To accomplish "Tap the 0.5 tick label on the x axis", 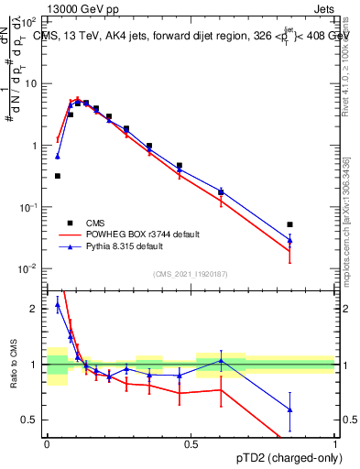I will (x=191, y=443).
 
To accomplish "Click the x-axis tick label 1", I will (x=334, y=443).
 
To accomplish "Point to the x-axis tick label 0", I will (x=47, y=443).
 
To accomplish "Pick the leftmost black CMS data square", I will (x=58, y=176).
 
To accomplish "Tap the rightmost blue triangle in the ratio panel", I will (x=289, y=409).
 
